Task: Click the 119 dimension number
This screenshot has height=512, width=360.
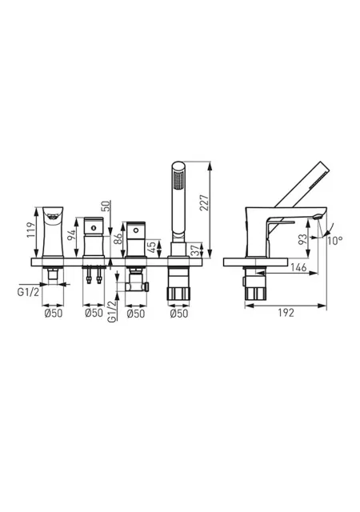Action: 31,230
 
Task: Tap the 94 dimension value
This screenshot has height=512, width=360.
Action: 71,235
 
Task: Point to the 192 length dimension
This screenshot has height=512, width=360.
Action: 286,313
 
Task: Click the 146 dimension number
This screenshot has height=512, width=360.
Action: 298,267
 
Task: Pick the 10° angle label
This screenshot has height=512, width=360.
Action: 335,241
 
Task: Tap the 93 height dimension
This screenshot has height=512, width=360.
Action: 303,239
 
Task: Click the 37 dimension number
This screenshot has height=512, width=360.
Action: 194,250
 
